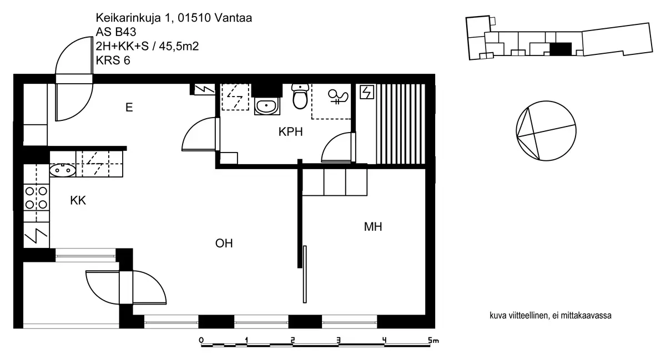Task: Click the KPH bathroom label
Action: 290,131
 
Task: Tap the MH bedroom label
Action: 373,227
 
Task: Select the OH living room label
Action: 224,244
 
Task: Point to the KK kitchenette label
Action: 78,201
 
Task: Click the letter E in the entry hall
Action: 129,107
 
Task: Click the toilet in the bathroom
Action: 300,97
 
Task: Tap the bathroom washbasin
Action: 267,106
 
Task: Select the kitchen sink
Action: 62,170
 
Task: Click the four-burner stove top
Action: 36,197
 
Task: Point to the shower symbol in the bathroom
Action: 338,97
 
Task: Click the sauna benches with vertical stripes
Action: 401,124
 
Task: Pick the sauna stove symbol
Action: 367,92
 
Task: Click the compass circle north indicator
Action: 546,131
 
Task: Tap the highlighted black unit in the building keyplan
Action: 561,49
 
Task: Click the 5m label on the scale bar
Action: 433,340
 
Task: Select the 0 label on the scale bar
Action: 201,340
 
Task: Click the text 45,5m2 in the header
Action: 179,46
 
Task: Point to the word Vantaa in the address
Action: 233,18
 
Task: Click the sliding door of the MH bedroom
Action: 305,275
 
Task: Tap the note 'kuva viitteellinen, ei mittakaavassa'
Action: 551,316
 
